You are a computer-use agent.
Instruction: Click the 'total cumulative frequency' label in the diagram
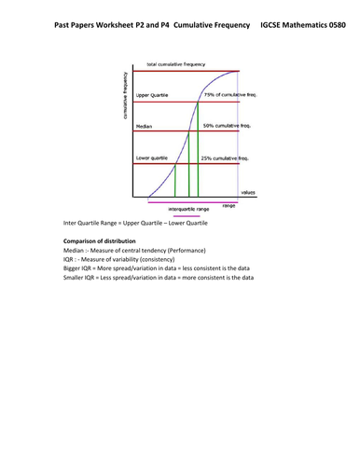[x=174, y=65]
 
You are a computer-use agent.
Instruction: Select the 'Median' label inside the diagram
[x=145, y=124]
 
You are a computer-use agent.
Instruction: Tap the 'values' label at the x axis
[x=248, y=192]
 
